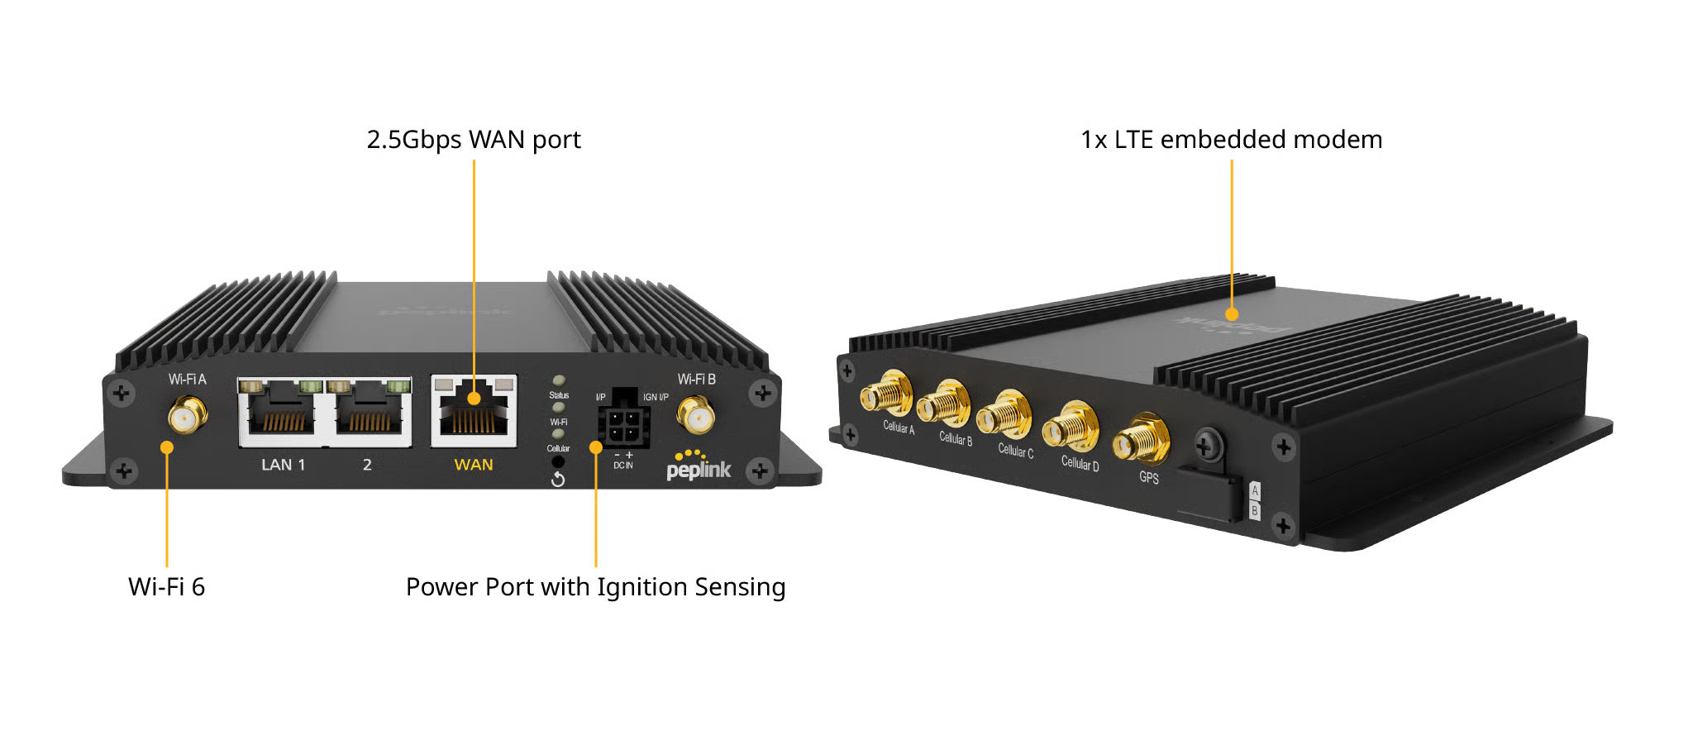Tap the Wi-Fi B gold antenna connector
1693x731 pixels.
696,413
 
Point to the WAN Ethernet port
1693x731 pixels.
474,410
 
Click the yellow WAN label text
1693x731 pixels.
474,465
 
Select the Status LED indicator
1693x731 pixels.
559,381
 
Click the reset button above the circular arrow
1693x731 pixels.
558,461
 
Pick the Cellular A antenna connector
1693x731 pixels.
886,394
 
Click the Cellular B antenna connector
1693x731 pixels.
943,404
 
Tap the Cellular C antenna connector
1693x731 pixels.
1004,416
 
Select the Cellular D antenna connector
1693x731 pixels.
1071,428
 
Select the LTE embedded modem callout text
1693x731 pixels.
1232,141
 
